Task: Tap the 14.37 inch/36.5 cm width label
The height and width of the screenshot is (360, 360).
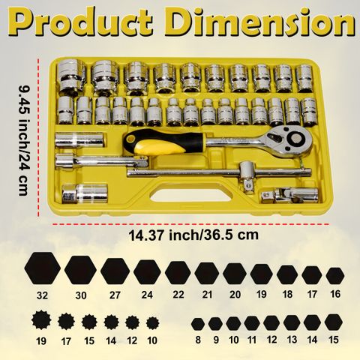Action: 193,235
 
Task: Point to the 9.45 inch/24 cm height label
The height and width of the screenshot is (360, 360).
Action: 25,140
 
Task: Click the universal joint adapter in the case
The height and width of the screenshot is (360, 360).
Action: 289,194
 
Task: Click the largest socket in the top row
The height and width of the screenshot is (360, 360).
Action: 70,77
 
